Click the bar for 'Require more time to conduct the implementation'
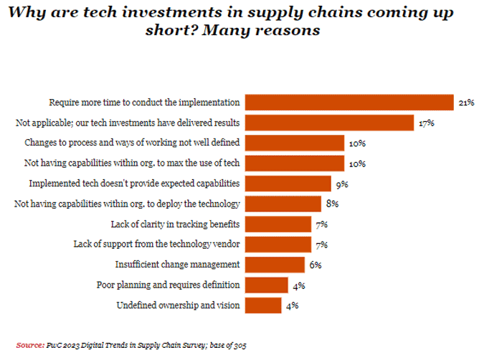pyautogui.click(x=350, y=103)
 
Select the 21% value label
pyautogui.click(x=467, y=103)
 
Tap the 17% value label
pyautogui.click(x=427, y=123)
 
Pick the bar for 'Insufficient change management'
pyautogui.click(x=275, y=265)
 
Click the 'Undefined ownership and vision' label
pyautogui.click(x=178, y=305)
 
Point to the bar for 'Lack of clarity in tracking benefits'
pyautogui.click(x=279, y=224)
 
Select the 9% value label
pyautogui.click(x=342, y=184)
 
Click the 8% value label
pyautogui.click(x=331, y=204)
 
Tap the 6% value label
pyautogui.click(x=315, y=265)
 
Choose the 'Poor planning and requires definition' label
pyautogui.click(x=169, y=285)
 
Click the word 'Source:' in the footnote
pyautogui.click(x=29, y=345)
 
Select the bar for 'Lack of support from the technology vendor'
pyautogui.click(x=279, y=245)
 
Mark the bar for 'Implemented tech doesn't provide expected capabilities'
pyautogui.click(x=288, y=184)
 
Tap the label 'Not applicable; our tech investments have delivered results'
pyautogui.click(x=128, y=123)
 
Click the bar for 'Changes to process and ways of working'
pyautogui.click(x=295, y=143)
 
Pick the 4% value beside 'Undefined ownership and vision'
pyautogui.click(x=292, y=305)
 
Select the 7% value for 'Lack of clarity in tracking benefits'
pyautogui.click(x=321, y=224)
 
